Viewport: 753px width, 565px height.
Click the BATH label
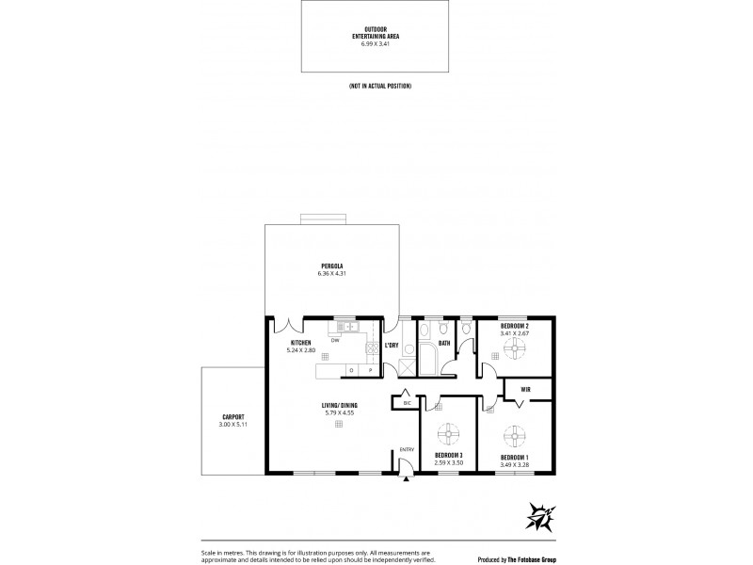(x=443, y=344)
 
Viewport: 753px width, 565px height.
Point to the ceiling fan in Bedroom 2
(x=514, y=348)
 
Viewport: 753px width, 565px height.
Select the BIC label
(x=407, y=402)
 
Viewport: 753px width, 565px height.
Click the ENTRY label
(x=406, y=449)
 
